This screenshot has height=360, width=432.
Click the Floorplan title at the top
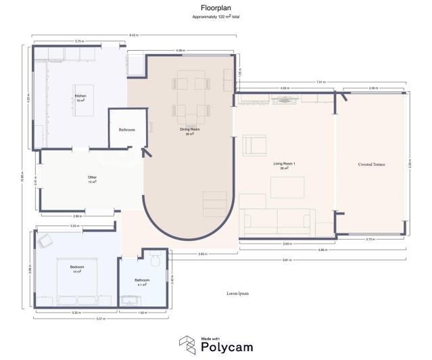coord(216,8)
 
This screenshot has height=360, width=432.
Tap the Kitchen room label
coord(80,97)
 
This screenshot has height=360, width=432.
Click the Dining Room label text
coord(190,131)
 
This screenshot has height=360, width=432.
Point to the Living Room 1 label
coord(284,164)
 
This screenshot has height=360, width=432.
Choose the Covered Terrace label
coord(371,164)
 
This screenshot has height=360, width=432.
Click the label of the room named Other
coord(92,179)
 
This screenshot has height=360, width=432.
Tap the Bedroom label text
coord(77,268)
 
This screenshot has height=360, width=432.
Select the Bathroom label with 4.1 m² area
coord(141,281)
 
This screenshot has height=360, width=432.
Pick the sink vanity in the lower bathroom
coord(129,300)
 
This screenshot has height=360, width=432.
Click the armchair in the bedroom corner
coord(46,240)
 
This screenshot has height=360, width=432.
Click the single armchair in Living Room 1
coord(256,145)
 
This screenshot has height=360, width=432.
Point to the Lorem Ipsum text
coord(238,294)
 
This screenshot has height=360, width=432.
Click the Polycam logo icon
coord(188,344)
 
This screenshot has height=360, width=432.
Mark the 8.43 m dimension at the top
coord(134,35)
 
